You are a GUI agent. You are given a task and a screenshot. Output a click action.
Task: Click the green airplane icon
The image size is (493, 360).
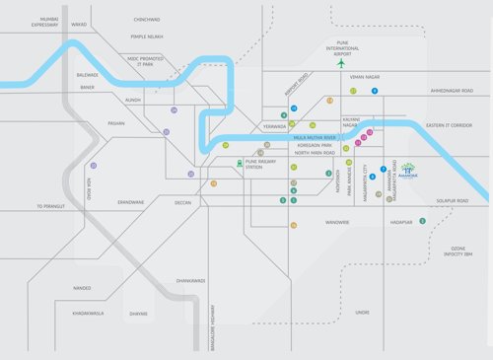tap(341, 63)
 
